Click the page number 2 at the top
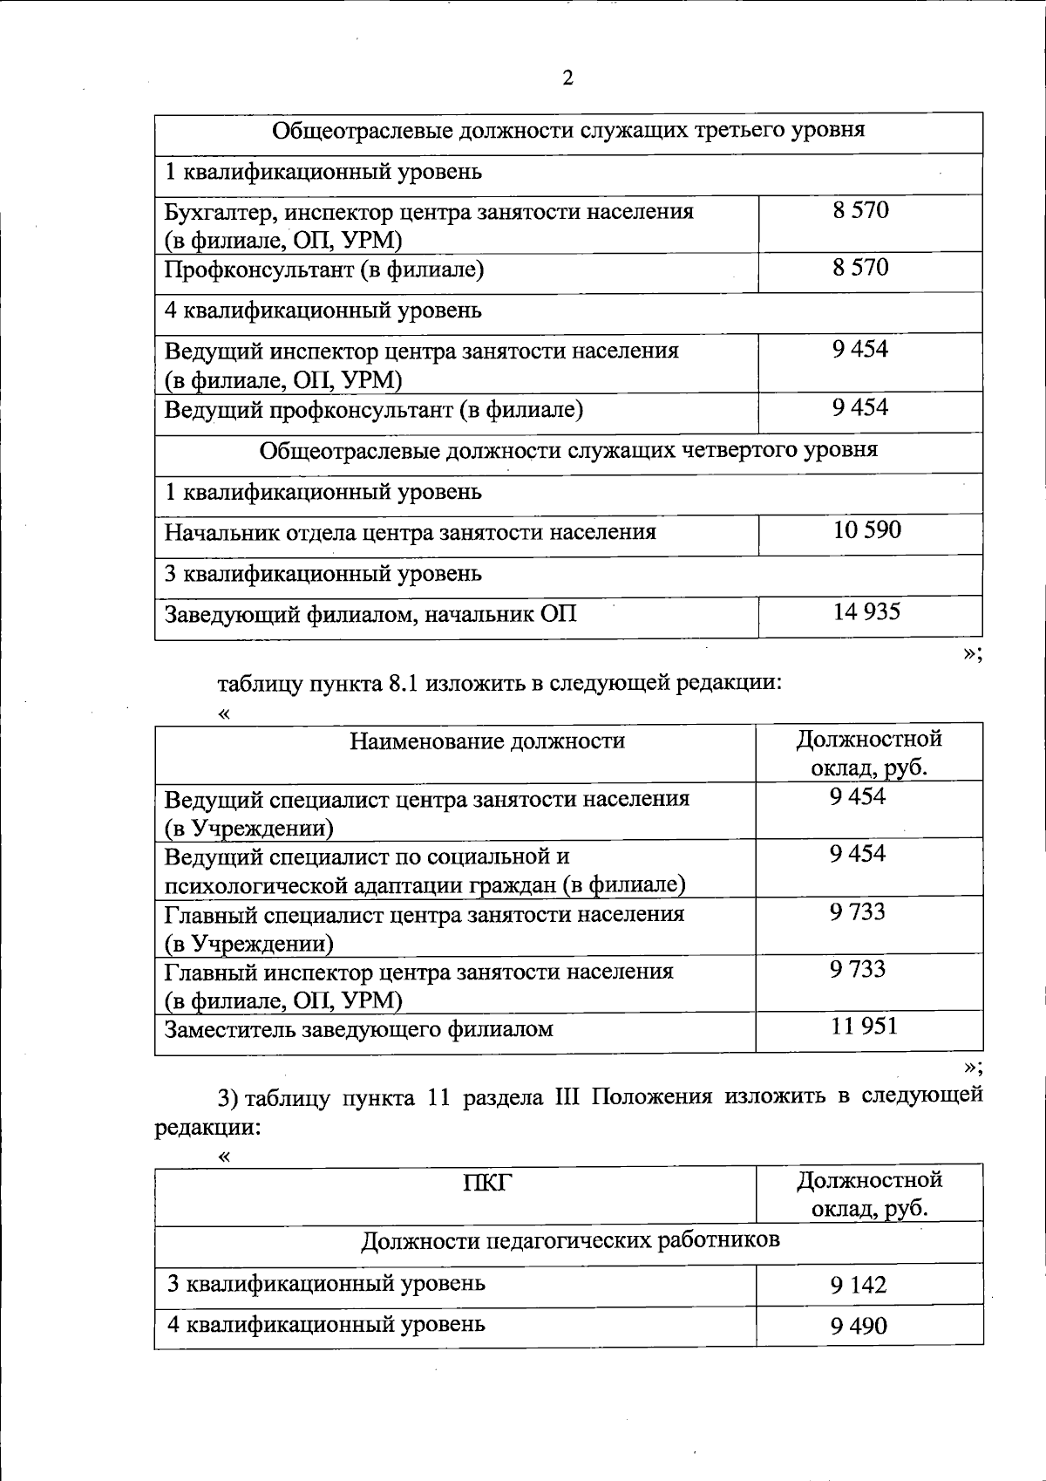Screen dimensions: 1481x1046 (567, 78)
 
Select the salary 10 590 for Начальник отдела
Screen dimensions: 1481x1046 (866, 530)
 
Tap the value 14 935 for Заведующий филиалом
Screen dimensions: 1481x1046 (866, 612)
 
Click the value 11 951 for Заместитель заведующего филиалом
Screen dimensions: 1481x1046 (863, 1027)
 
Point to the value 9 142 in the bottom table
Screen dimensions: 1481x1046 (859, 1285)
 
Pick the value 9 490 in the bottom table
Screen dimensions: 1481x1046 (859, 1327)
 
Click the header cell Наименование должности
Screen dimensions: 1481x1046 (487, 741)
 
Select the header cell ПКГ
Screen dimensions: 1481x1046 (487, 1183)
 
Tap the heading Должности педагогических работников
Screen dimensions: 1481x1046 (570, 1240)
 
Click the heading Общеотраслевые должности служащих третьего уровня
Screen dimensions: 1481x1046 (568, 131)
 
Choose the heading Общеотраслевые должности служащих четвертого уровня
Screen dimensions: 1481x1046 (568, 451)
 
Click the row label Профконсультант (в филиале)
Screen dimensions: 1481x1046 (324, 270)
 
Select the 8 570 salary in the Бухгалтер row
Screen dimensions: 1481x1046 (860, 210)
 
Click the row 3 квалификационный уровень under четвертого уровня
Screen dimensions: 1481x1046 (323, 574)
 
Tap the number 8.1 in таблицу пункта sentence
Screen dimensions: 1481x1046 (401, 683)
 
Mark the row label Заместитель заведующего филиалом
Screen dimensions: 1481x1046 (359, 1029)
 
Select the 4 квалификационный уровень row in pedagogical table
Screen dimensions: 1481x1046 (326, 1325)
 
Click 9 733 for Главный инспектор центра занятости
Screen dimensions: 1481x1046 (858, 970)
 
